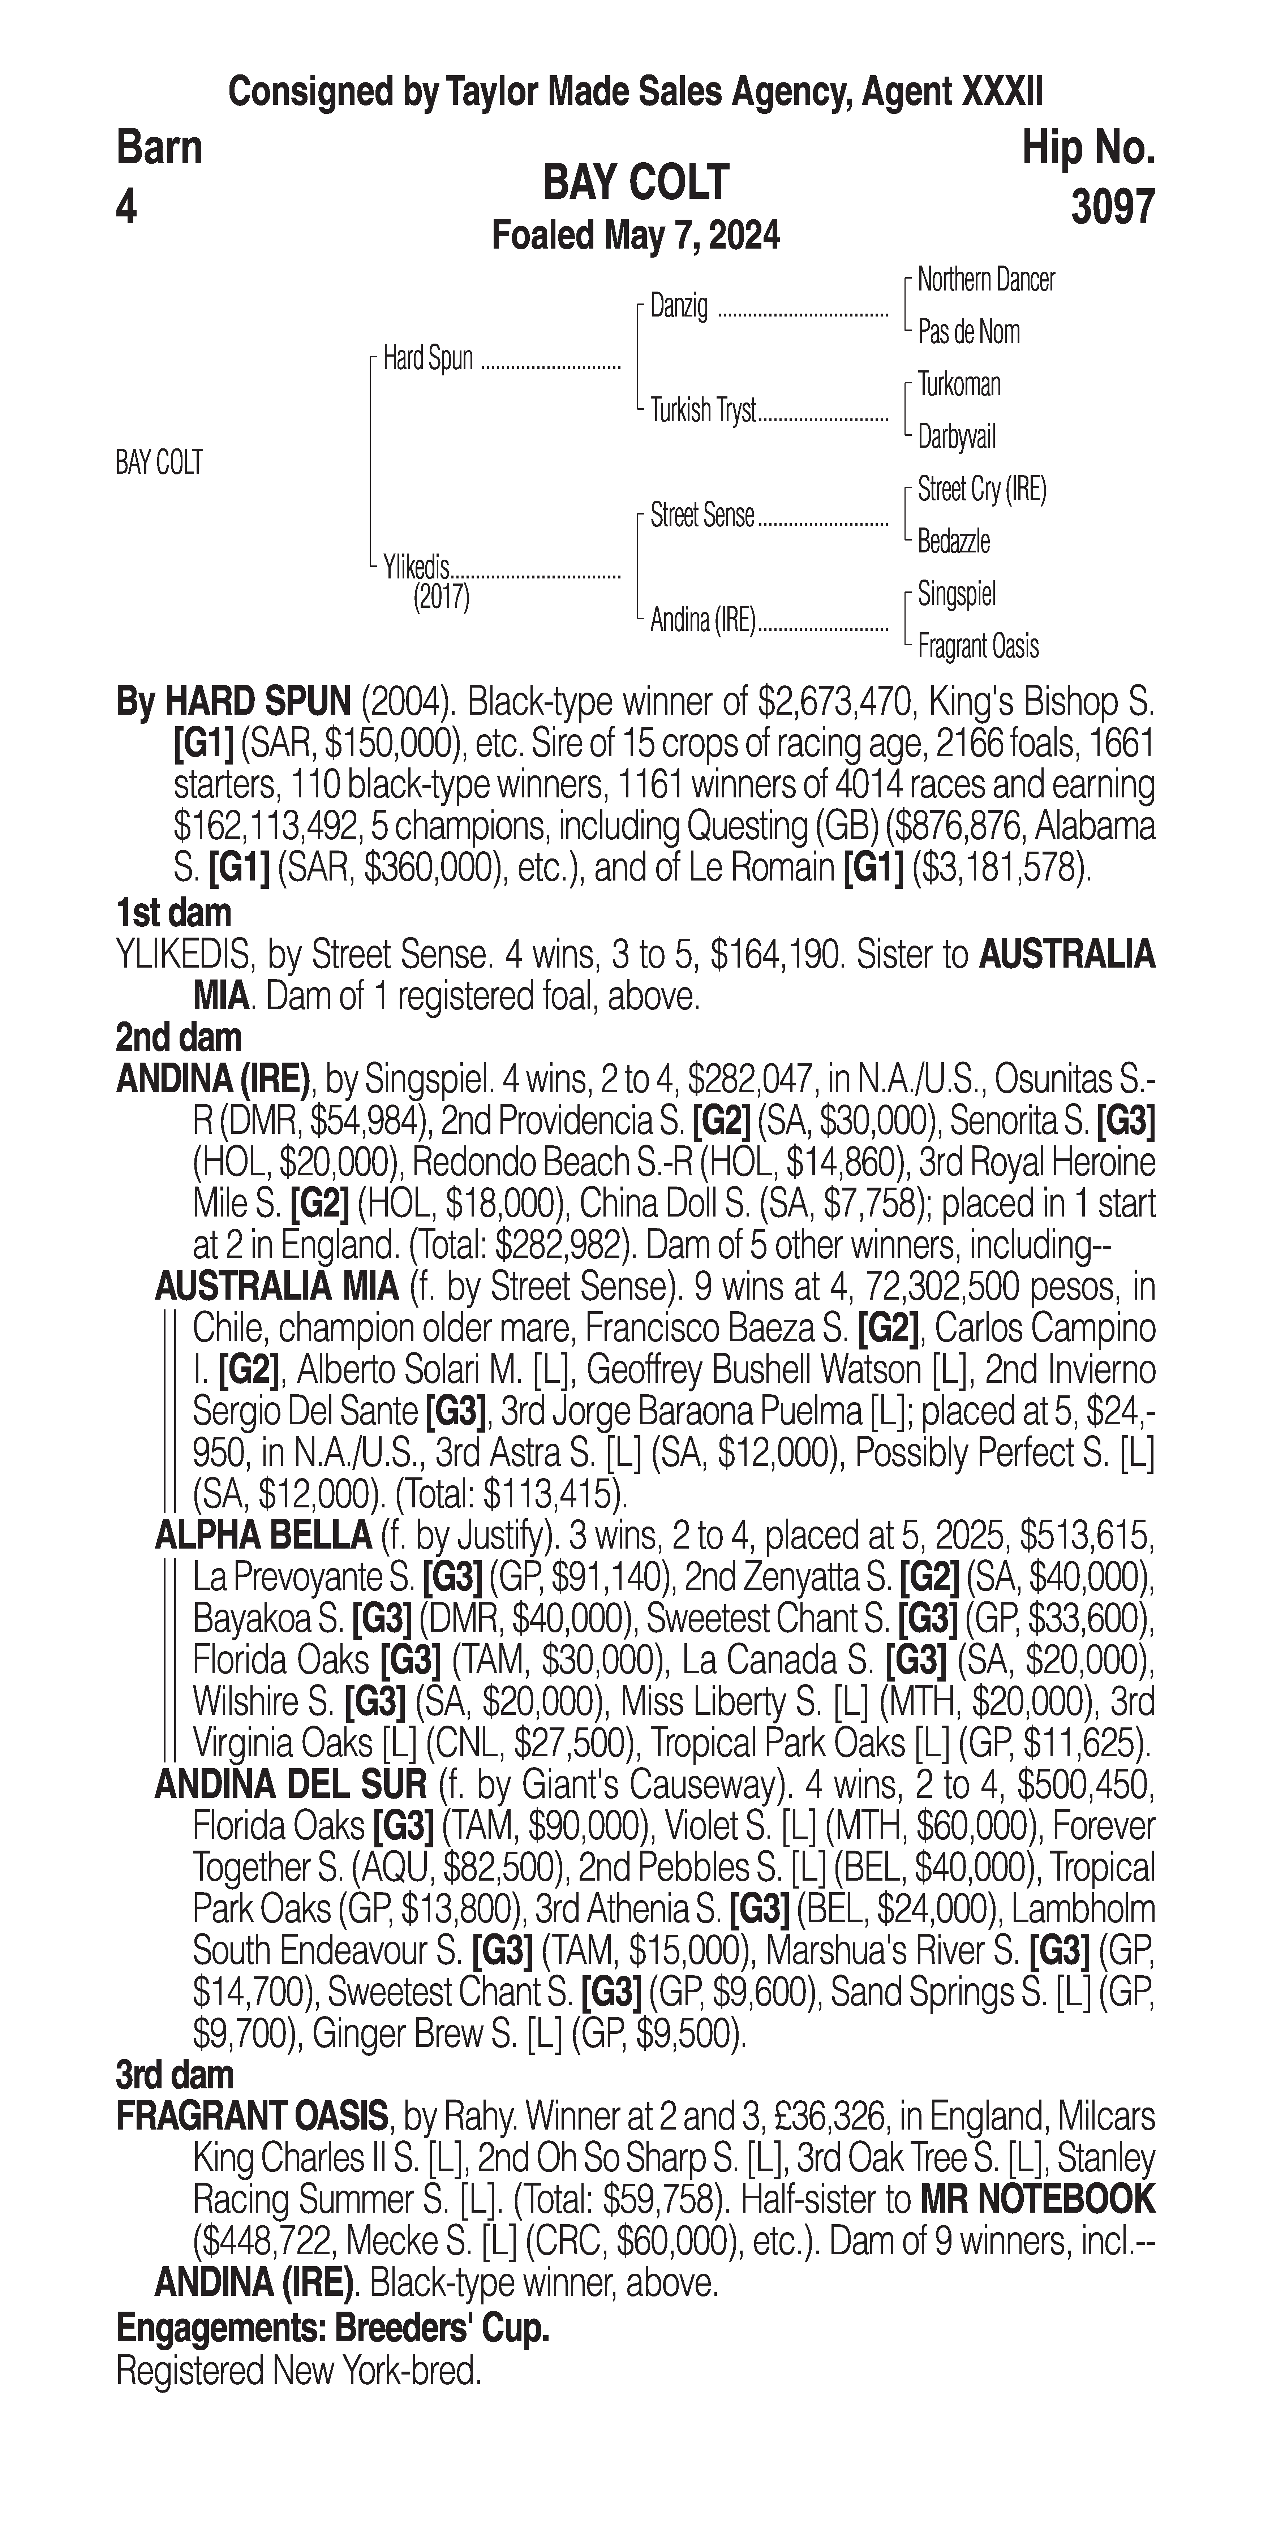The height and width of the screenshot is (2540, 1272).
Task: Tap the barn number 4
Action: [126, 207]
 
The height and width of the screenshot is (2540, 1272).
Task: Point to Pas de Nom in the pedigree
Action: [968, 332]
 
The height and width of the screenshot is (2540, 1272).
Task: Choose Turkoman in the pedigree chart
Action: [958, 384]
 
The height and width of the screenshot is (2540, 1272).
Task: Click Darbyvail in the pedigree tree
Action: [957, 437]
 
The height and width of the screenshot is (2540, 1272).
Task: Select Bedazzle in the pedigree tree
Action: [954, 541]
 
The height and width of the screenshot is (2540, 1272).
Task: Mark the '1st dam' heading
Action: [173, 913]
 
